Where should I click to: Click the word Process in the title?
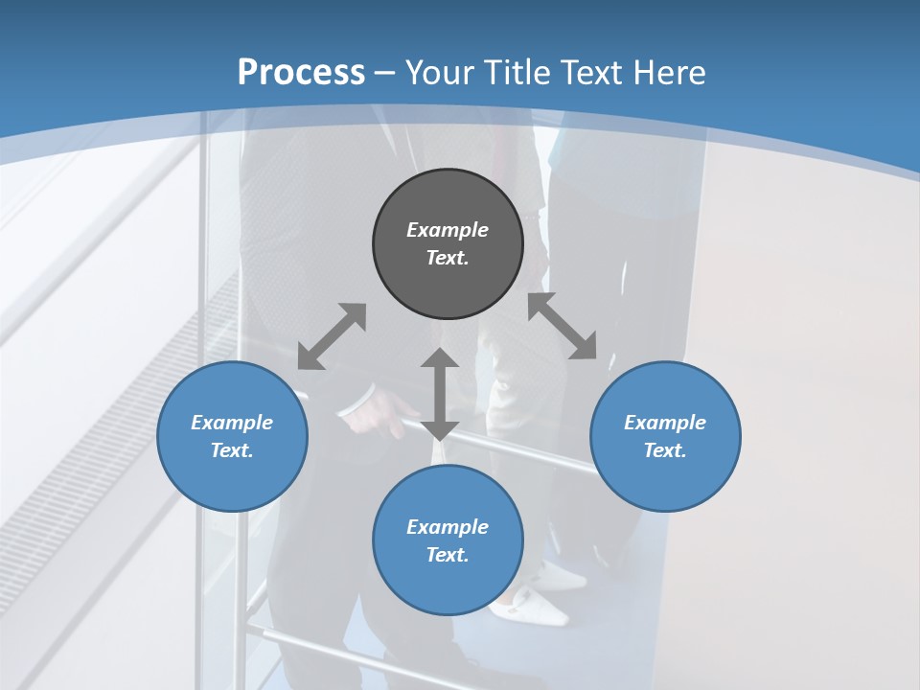coord(301,73)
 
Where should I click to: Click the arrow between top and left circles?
coord(332,336)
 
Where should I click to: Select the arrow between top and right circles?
coord(563,326)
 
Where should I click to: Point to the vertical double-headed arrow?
coord(440,394)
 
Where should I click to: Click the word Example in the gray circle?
coord(448,230)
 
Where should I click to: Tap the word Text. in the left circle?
coord(232,450)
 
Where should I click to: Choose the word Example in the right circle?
coord(665,423)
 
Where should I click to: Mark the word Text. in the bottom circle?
coord(448,555)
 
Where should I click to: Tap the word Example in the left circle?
coord(232,423)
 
